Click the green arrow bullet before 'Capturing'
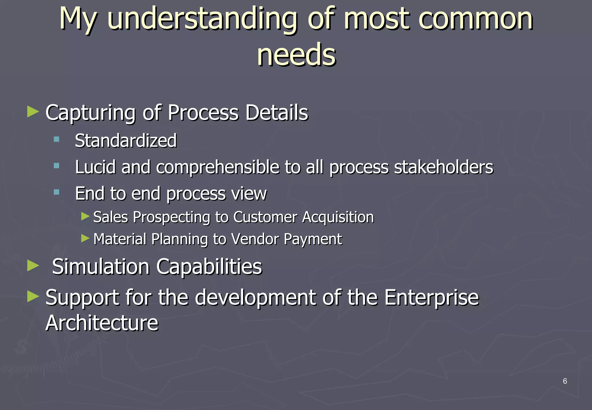(x=33, y=112)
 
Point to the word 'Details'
(x=277, y=112)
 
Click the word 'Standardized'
(x=126, y=141)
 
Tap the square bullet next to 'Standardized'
(x=56, y=140)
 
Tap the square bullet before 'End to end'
(x=56, y=192)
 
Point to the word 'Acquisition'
(x=338, y=217)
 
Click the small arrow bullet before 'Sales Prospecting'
(x=85, y=216)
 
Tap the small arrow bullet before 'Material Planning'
(x=85, y=239)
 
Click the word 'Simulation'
(x=101, y=267)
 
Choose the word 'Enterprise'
(x=431, y=298)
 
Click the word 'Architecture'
(x=102, y=323)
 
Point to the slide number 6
(x=565, y=381)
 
